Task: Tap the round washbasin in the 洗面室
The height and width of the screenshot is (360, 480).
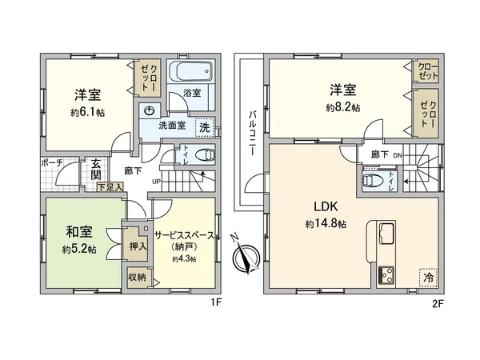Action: point(149,111)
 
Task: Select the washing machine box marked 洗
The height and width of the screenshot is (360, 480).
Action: point(204,126)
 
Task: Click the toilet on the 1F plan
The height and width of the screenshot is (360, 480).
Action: point(205,154)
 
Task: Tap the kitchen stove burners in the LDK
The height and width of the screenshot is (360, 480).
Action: point(386,274)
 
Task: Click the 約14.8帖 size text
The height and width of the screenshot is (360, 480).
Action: point(325,225)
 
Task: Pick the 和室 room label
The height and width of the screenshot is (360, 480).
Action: point(78,232)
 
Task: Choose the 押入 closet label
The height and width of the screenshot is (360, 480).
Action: point(138,246)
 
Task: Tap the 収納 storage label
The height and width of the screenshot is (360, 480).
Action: point(136,277)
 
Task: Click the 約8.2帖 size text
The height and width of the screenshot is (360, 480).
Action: point(342,106)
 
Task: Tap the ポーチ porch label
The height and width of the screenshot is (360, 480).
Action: point(51,162)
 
